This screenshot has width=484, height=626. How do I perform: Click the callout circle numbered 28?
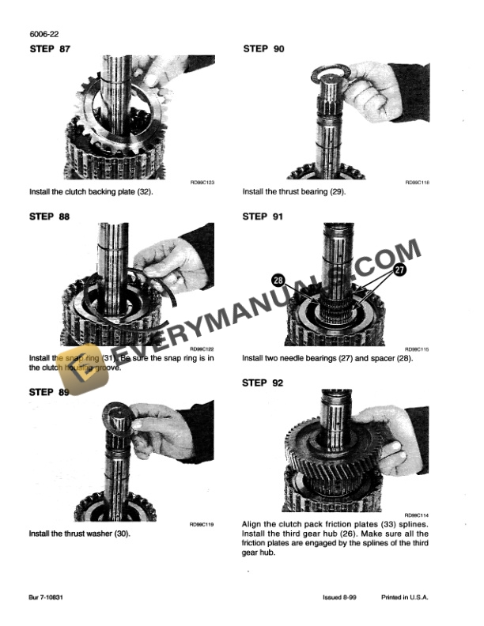click(279, 280)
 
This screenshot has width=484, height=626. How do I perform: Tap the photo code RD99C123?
click(202, 182)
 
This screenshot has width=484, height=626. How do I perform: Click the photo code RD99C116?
click(416, 182)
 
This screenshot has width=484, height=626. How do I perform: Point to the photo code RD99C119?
click(202, 523)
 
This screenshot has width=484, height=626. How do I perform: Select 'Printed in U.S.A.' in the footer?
click(404, 598)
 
